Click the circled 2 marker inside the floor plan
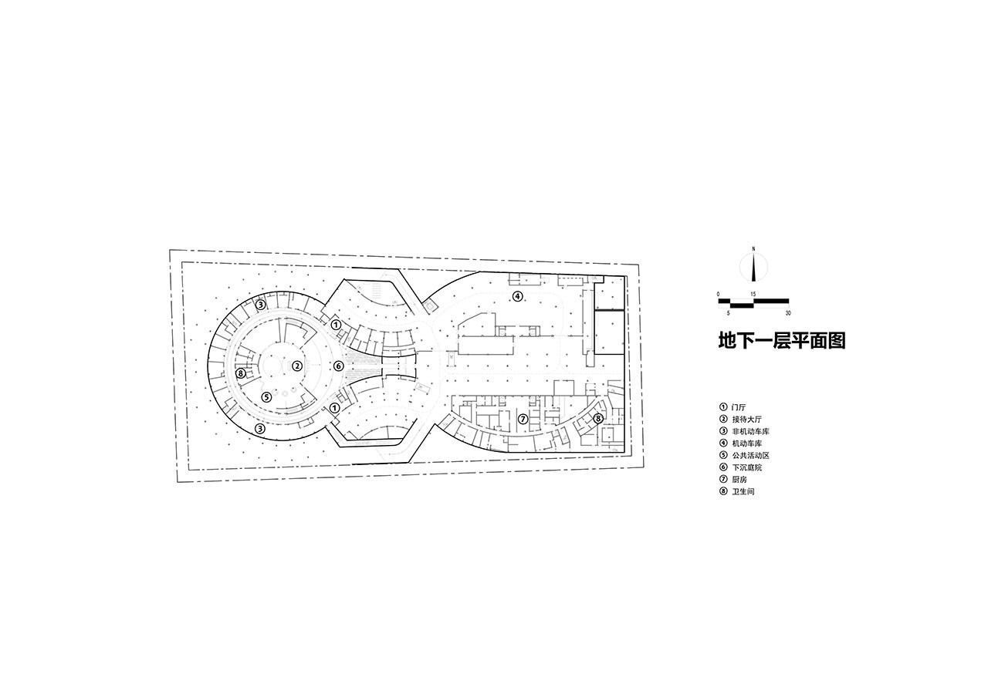click(x=297, y=366)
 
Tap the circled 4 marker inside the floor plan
click(x=518, y=296)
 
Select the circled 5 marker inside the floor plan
click(x=266, y=397)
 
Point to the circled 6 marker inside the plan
click(x=338, y=366)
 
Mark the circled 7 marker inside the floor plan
click(x=523, y=420)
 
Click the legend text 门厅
click(x=739, y=407)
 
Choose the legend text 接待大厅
click(x=746, y=420)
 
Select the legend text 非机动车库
click(x=749, y=431)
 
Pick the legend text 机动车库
click(x=746, y=443)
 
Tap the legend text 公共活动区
click(x=749, y=456)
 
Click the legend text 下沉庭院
click(x=746, y=467)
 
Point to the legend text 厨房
click(x=739, y=480)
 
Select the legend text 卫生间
click(x=743, y=491)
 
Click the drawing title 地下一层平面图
click(x=781, y=340)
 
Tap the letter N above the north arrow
click(x=753, y=248)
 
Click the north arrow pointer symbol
click(x=753, y=267)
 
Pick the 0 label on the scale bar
click(x=719, y=295)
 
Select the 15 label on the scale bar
click(x=753, y=295)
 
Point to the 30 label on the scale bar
click(x=787, y=313)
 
